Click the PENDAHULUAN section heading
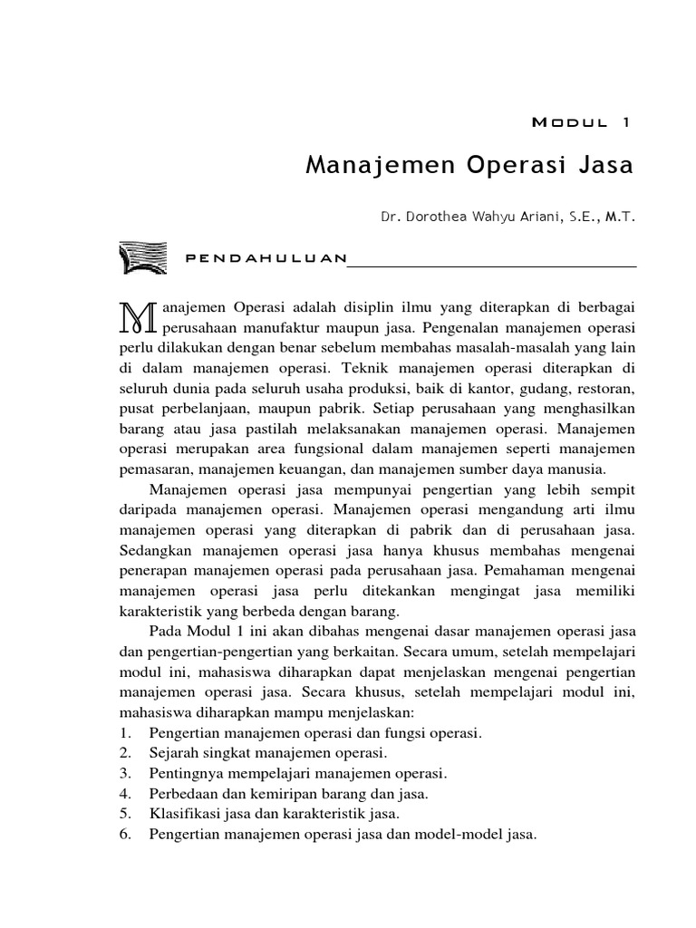coord(266,258)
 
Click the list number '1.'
coord(126,731)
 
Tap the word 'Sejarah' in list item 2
coord(172,752)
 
